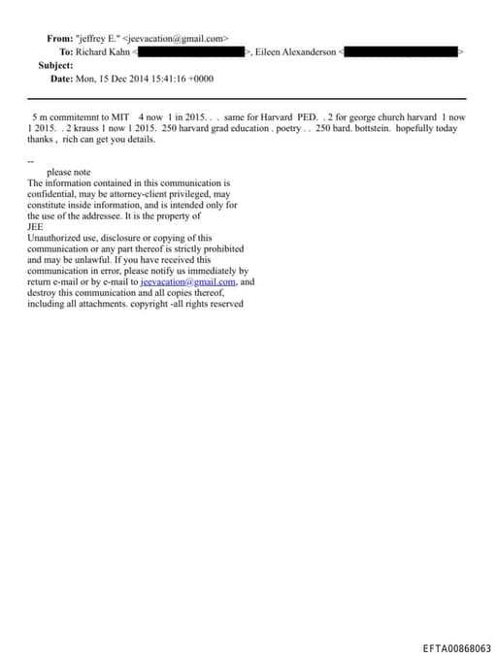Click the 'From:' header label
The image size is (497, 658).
coord(59,39)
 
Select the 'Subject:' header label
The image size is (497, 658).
coord(55,64)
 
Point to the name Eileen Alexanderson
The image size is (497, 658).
coord(295,51)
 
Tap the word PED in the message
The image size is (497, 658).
coord(307,115)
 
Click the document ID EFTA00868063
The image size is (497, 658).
coord(456,648)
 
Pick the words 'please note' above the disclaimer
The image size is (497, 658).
coord(68,172)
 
